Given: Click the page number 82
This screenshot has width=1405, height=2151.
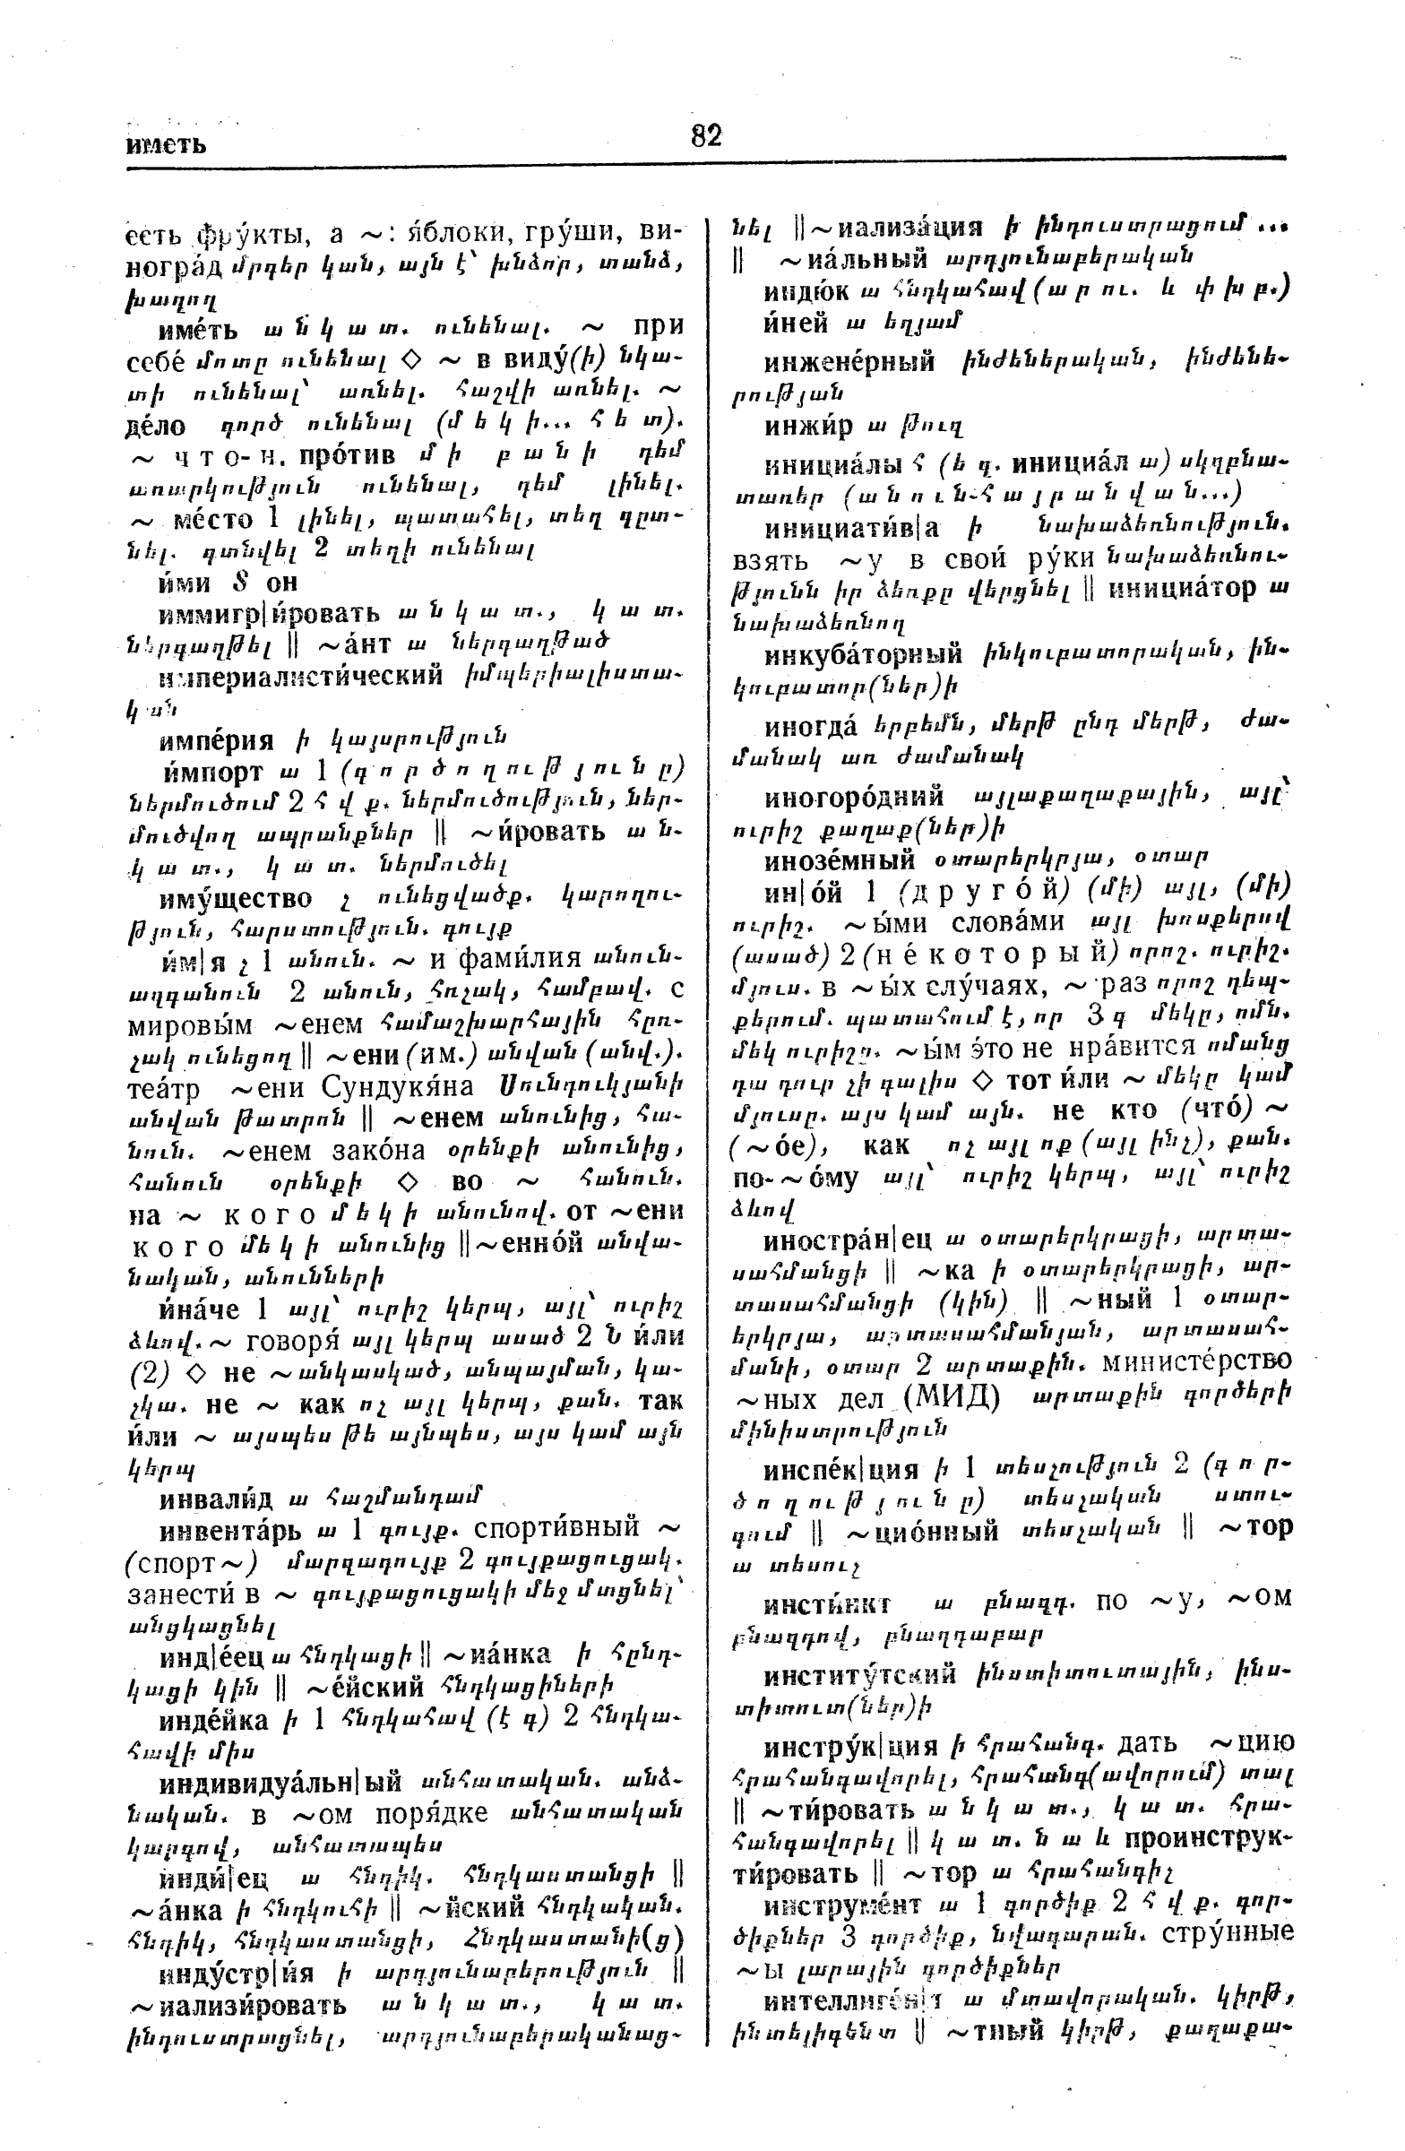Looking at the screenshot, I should tap(706, 135).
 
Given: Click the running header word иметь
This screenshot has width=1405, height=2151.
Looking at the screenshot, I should tap(167, 144).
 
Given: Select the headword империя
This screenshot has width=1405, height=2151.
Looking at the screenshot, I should tap(216, 741).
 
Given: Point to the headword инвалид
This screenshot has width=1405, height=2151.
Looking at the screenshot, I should tap(216, 1499).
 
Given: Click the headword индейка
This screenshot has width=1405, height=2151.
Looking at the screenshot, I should tap(214, 1719).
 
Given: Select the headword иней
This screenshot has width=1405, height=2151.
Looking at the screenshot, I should tap(795, 322).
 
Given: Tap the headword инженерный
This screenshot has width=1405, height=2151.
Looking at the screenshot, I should tap(849, 362).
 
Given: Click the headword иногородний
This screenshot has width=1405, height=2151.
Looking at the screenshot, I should tap(854, 797).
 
